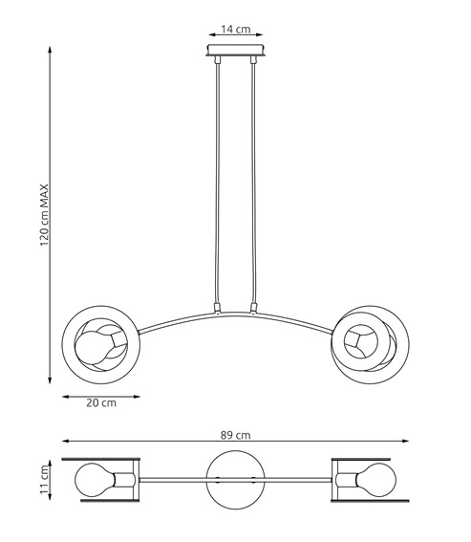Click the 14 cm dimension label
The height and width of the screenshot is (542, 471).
[236, 30]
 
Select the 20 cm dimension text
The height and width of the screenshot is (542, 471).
[100, 402]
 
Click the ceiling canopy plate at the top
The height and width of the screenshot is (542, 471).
[236, 51]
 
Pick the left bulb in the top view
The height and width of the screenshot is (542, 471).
[96, 478]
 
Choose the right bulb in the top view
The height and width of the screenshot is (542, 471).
[375, 478]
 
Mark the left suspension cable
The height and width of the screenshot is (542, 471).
[219, 182]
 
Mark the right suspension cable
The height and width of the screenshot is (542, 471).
[254, 182]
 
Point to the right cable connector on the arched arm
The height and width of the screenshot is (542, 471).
[254, 308]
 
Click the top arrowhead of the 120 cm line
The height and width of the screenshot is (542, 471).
[51, 45]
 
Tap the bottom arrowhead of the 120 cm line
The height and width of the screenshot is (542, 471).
[51, 380]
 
